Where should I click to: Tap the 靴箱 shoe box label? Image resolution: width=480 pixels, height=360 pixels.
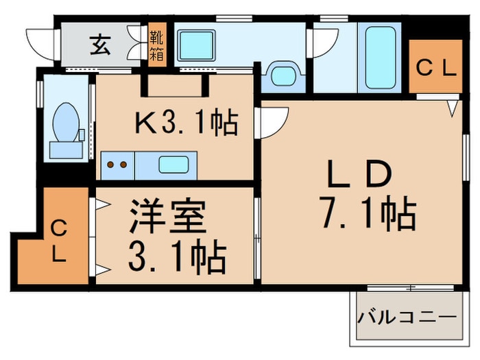click(157, 44)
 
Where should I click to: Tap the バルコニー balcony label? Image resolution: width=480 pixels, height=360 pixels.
click(407, 318)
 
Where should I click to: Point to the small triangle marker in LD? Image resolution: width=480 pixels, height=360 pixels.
click(453, 108)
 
